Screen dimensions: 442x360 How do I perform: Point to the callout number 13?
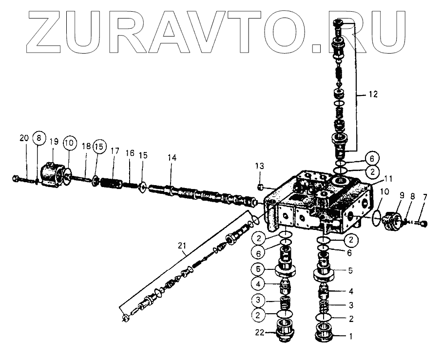(260, 167)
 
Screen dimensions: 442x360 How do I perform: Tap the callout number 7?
(424, 197)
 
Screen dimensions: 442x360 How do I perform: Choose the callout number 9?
(402, 195)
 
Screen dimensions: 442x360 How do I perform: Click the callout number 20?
(24, 138)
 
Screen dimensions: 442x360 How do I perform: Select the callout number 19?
(54, 141)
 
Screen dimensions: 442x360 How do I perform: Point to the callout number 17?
(114, 152)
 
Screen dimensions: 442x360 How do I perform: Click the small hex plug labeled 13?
(261, 187)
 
